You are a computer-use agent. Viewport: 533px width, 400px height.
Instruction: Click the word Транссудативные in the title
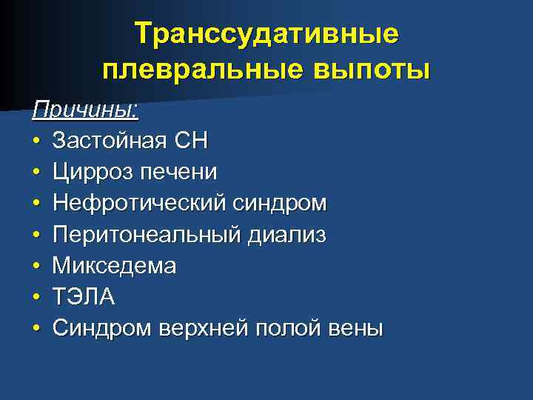click(x=266, y=34)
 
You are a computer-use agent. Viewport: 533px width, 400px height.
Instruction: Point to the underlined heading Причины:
click(x=86, y=110)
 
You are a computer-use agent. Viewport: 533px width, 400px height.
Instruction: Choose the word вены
click(x=358, y=327)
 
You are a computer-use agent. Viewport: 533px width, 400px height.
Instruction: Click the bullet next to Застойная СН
click(x=36, y=141)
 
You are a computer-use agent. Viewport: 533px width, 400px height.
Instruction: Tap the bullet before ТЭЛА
click(x=36, y=296)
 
